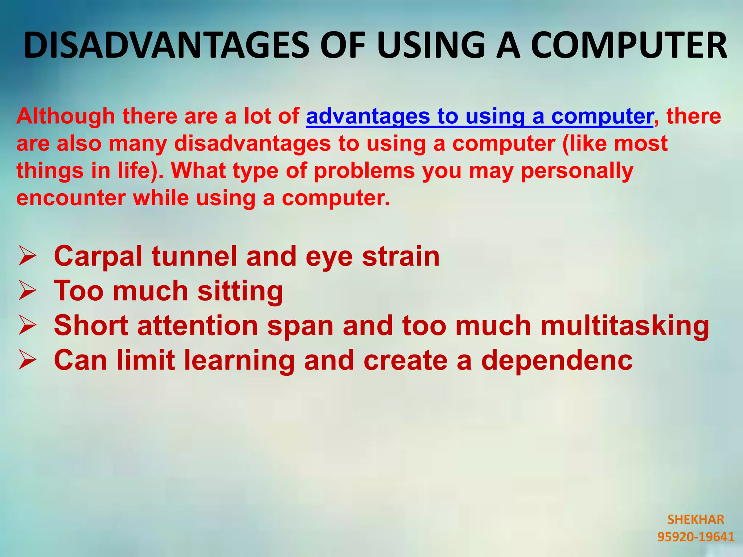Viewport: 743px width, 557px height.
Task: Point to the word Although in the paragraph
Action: tap(66, 116)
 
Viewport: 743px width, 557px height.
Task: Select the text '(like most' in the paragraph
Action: tap(615, 143)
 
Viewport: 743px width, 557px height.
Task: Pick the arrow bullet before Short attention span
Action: tap(27, 325)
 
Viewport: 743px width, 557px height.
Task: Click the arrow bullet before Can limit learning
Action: tap(27, 360)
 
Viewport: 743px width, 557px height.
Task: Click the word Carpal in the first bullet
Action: tap(98, 256)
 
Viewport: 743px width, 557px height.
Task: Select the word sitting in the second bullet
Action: tap(240, 291)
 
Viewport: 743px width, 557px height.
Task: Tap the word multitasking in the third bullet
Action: tap(624, 326)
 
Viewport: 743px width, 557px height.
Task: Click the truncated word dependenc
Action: tap(557, 361)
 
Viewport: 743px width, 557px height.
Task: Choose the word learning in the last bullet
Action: tap(239, 361)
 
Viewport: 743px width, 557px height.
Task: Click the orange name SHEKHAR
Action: tap(695, 520)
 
